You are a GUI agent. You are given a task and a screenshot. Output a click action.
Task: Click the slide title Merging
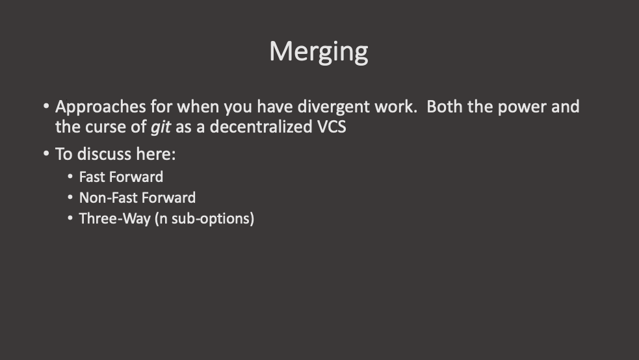(x=319, y=51)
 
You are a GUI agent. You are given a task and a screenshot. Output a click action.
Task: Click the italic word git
(x=161, y=127)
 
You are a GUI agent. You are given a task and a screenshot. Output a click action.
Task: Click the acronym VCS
(x=332, y=127)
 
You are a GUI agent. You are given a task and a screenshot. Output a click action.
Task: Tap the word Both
(x=444, y=107)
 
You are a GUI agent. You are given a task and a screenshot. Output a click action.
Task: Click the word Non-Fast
(x=105, y=198)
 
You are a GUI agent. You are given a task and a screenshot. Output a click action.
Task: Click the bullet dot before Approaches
(x=46, y=105)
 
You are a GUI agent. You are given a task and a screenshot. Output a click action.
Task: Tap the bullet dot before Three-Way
(x=70, y=218)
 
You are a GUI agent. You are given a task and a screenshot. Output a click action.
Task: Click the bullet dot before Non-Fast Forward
(x=70, y=197)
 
